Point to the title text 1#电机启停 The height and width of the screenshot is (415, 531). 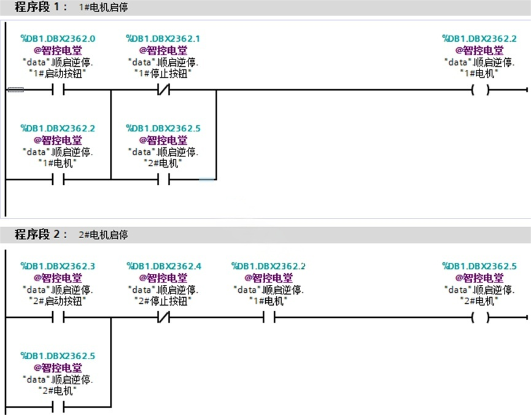click(103, 7)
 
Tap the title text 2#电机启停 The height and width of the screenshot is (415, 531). click(103, 235)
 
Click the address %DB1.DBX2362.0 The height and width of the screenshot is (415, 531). click(58, 39)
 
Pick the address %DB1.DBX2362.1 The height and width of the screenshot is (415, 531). click(163, 39)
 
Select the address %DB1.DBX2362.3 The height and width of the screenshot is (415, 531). click(58, 266)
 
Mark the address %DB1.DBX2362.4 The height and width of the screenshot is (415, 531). click(164, 266)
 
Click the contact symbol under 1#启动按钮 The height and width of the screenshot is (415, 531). click(58, 90)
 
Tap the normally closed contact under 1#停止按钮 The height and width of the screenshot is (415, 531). click(163, 90)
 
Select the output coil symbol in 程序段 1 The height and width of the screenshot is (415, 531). click(480, 90)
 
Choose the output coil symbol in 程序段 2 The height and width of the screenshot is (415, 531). click(480, 317)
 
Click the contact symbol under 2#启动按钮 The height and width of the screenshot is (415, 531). click(58, 317)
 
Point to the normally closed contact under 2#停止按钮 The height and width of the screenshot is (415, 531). click(163, 317)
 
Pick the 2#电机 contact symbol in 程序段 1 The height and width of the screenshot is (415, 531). click(163, 179)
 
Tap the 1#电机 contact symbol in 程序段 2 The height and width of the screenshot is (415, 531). click(269, 317)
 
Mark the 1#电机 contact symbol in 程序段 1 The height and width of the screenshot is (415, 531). click(58, 179)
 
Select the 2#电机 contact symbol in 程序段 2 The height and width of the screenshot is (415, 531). click(58, 406)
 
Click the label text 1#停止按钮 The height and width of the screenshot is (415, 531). click(163, 74)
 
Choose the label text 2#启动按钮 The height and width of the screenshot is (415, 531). click(58, 301)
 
